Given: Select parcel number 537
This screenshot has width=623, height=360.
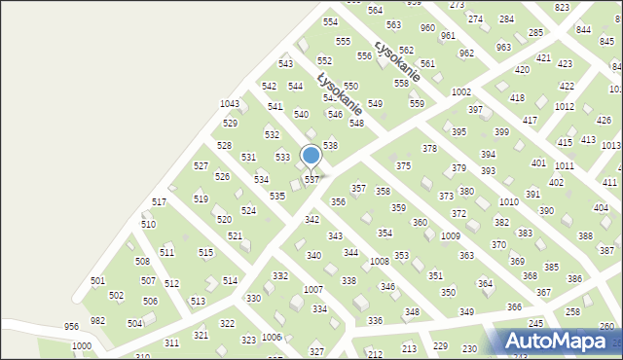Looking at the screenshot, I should coord(311,180).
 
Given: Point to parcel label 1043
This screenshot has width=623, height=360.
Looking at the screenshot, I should coord(230,104).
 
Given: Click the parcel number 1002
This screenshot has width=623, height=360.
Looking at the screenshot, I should coord(461,91).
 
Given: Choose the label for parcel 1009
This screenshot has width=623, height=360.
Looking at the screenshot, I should coord(450,236).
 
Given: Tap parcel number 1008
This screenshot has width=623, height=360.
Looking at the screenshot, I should coord(380,262).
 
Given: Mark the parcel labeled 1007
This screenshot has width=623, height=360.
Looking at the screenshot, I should coord(312,290).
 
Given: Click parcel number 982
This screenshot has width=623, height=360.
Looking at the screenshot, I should coord(97,320).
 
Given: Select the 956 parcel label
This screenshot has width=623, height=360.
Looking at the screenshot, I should coord(71,327).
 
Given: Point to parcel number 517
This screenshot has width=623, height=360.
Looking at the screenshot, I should coord(159,202).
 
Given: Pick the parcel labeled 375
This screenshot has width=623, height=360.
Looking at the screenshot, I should coord(403,166).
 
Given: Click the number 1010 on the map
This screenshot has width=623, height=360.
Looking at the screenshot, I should coord(508,202).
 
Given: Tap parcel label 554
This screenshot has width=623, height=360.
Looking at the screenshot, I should coord(331,22).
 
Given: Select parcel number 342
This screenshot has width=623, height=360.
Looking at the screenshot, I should coord(311,221).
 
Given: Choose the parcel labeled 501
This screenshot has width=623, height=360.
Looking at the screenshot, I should coord(97,281).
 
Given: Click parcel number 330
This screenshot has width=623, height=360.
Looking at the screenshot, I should coord(253,299).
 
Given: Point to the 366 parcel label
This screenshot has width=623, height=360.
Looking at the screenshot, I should coord(514,307).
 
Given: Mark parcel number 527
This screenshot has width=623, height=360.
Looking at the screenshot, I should coord(201,166).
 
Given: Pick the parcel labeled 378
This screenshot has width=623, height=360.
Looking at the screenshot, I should coord(429,148).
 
